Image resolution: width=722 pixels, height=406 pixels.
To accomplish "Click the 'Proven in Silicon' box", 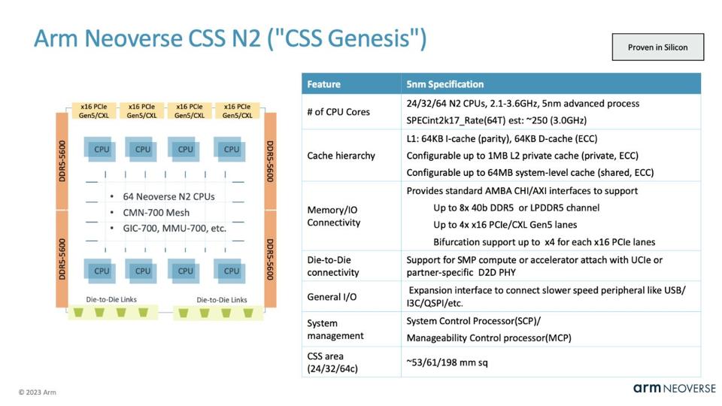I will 657,47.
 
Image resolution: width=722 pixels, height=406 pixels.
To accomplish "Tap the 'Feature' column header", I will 323,84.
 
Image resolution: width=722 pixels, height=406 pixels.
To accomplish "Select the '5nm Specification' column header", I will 444,84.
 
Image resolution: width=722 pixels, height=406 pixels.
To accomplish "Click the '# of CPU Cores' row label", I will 338,112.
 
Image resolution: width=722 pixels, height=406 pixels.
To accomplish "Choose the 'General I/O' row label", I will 332,297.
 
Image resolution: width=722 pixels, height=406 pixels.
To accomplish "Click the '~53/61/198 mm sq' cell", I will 447,362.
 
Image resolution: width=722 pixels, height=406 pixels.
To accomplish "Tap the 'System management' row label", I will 335,329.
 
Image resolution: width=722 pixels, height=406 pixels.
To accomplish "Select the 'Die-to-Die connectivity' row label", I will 333,266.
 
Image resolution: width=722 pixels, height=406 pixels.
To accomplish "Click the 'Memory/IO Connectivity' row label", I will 334,217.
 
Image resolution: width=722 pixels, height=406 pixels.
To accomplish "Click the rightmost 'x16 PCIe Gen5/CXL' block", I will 237,111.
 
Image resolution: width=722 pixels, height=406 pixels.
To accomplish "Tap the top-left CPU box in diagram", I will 102,149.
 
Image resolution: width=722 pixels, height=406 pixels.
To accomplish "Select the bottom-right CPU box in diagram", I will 231,271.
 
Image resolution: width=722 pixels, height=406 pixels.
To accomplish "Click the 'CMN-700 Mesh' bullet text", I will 156,212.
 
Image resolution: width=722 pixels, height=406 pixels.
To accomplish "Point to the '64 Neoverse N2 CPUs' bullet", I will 168,196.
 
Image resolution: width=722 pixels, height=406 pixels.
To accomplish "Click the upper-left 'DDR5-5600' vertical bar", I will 62,161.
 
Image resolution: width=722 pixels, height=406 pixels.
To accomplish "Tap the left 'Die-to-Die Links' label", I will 111,299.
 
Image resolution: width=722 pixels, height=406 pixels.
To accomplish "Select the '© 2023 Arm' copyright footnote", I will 38,392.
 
